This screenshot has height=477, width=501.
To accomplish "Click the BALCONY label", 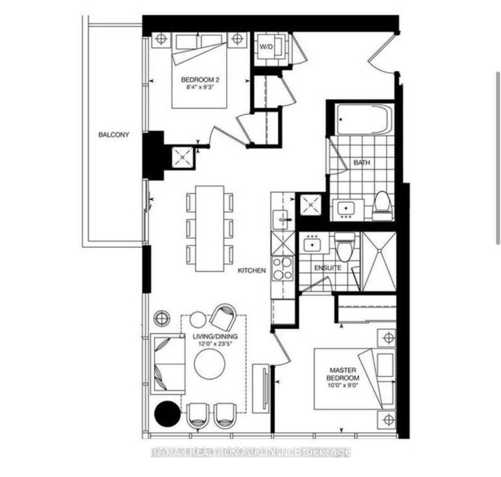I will pyautogui.click(x=113, y=135).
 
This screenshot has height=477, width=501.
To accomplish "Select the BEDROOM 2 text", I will pyautogui.click(x=200, y=80).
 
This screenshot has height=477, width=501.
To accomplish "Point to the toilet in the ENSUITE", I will pyautogui.click(x=345, y=246).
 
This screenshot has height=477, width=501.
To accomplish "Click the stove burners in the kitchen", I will pyautogui.click(x=282, y=268).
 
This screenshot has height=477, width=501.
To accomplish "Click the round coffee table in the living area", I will pyautogui.click(x=210, y=364).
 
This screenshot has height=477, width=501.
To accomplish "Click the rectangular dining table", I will pyautogui.click(x=210, y=228).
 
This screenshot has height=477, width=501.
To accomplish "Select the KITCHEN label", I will pyautogui.click(x=252, y=270).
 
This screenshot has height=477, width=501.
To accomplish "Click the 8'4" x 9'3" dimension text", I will pyautogui.click(x=200, y=87).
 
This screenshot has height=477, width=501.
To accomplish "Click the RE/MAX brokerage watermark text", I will pyautogui.click(x=250, y=452).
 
